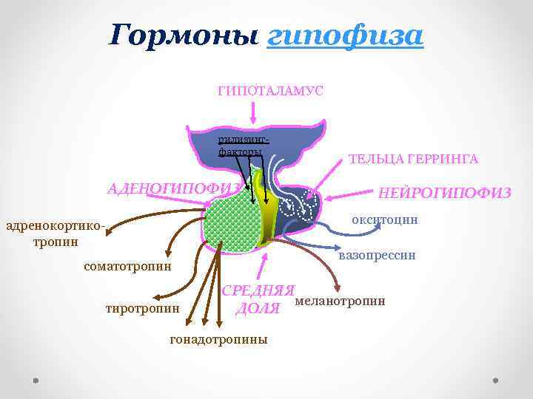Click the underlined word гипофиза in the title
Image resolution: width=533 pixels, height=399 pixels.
tap(344, 35)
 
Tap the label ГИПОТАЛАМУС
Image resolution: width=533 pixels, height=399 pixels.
tap(269, 90)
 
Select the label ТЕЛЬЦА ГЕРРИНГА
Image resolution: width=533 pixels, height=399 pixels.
tap(413, 159)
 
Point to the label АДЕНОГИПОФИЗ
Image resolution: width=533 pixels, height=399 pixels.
tap(175, 188)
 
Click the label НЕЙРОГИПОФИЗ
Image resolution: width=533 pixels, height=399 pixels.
tap(444, 193)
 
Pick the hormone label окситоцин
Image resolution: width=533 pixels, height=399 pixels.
tap(384, 219)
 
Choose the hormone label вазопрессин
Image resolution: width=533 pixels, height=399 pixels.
tap(377, 256)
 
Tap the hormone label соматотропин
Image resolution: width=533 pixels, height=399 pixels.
tap(127, 265)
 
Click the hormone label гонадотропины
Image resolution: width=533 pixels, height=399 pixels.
tap(218, 340)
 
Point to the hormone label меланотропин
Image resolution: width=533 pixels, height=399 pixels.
tap(340, 301)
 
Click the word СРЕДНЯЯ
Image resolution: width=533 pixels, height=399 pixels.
tap(259, 290)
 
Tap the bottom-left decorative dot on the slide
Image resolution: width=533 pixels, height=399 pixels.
tap(36, 382)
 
